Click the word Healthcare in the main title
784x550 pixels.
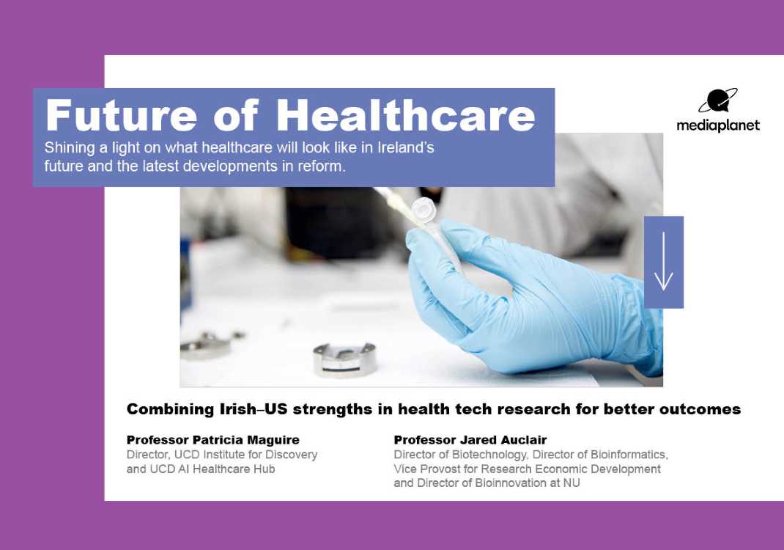click(x=406, y=116)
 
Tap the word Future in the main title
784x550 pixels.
click(x=122, y=116)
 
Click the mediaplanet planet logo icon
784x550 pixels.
click(x=718, y=100)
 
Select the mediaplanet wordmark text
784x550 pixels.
click(x=718, y=125)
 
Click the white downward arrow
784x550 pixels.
click(x=664, y=261)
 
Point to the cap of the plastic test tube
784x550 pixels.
click(x=423, y=208)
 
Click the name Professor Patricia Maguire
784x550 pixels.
click(x=213, y=440)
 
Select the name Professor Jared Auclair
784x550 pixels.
click(x=470, y=440)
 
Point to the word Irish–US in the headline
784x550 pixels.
click(x=254, y=409)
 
